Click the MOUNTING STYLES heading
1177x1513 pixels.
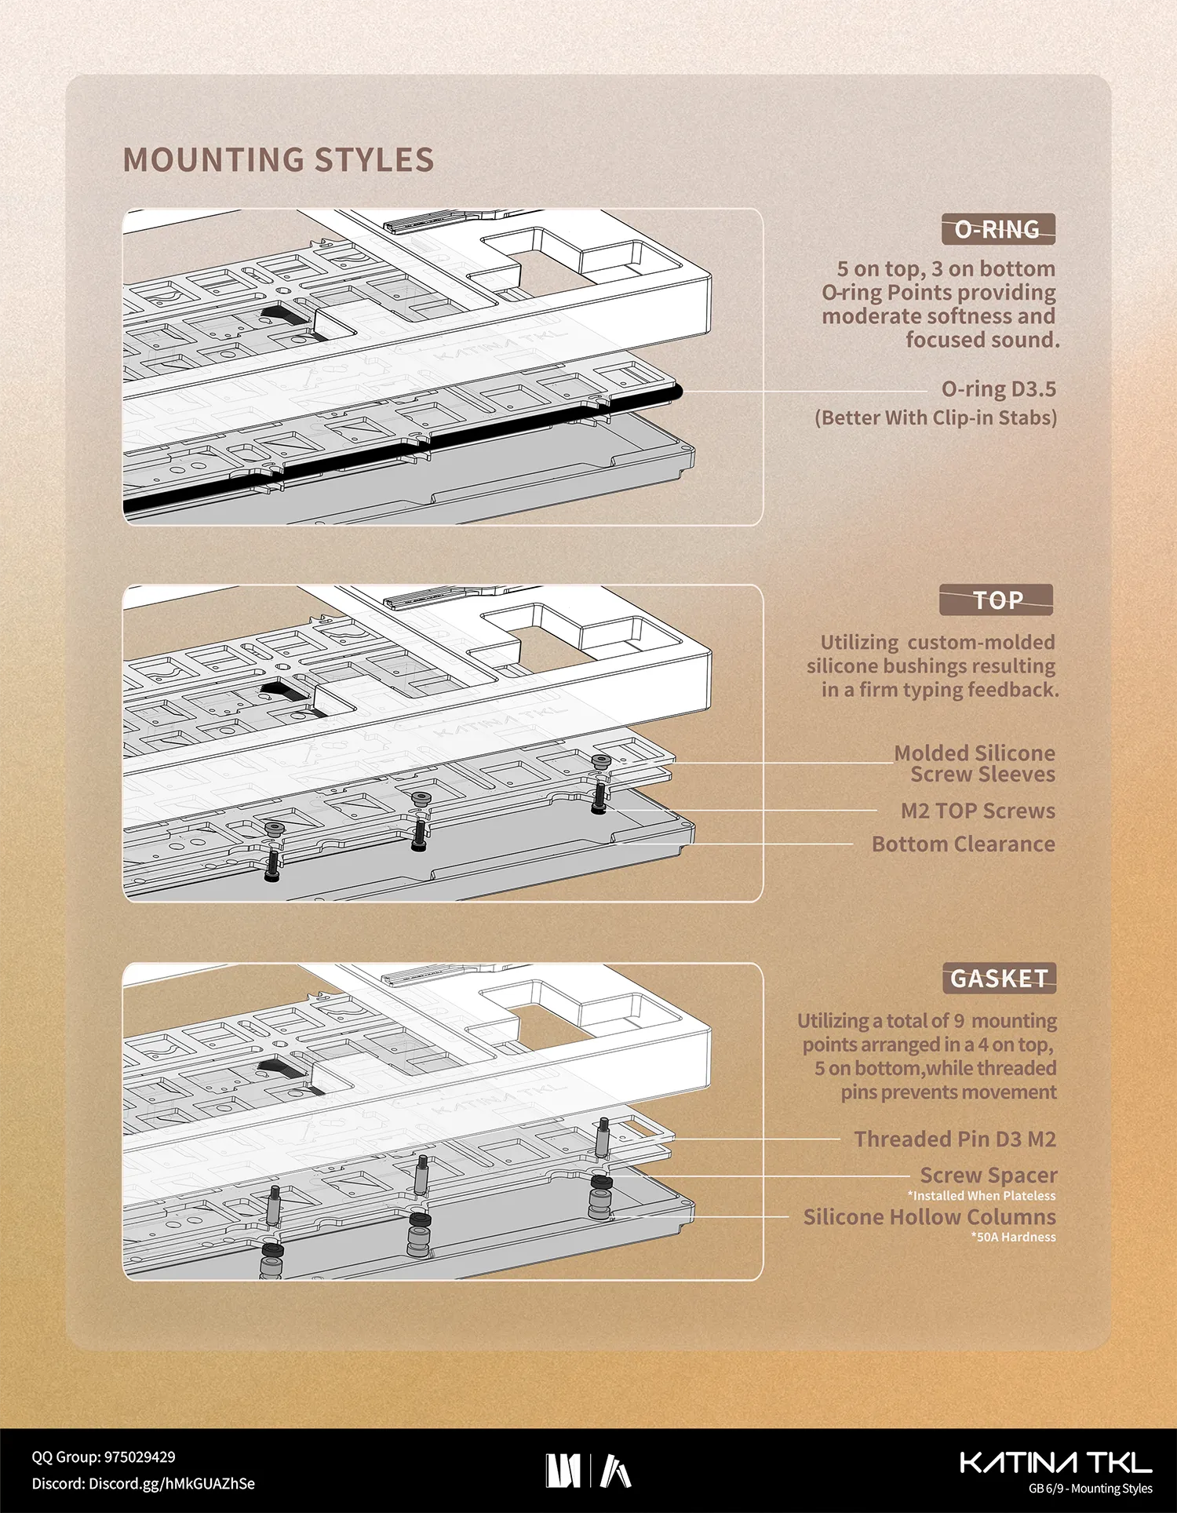[x=279, y=160]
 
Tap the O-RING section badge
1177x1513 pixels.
[x=998, y=229]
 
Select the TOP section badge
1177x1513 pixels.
[x=997, y=600]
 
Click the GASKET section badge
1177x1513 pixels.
[x=999, y=979]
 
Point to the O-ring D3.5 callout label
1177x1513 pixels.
[x=999, y=389]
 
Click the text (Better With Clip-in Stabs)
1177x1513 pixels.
[x=936, y=417]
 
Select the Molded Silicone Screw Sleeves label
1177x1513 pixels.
[x=975, y=764]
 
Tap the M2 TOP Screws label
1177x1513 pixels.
[x=978, y=811]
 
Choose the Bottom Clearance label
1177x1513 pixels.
[x=964, y=844]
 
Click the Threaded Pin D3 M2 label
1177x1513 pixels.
[x=955, y=1139]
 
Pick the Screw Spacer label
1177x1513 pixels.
[x=989, y=1176]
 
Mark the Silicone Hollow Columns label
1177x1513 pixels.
[x=930, y=1217]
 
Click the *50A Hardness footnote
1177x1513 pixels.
[x=1013, y=1238]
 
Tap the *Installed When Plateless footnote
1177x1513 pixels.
[x=982, y=1196]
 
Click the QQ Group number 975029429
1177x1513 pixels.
[x=140, y=1457]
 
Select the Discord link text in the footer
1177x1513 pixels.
[x=143, y=1484]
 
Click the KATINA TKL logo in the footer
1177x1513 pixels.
[x=1056, y=1463]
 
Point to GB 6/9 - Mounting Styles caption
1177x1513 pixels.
[x=1091, y=1489]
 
